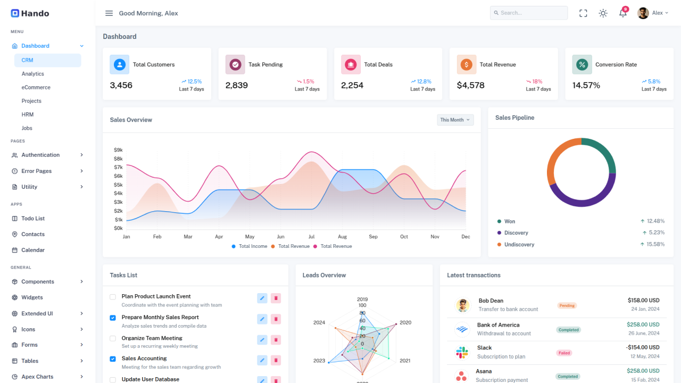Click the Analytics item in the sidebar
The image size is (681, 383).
tap(32, 74)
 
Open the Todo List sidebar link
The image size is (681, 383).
tap(33, 219)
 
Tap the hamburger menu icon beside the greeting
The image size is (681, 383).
tap(109, 13)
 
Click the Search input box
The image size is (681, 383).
tap(529, 13)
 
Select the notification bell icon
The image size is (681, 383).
tap(622, 13)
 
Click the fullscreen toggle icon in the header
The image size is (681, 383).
tap(583, 13)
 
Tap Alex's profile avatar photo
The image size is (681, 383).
tap(643, 13)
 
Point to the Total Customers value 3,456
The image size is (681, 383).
tap(121, 85)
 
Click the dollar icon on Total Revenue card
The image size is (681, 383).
tap(467, 64)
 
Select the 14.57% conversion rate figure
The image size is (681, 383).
tap(586, 85)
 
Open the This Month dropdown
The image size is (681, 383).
tap(455, 120)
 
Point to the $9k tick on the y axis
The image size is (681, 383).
tap(118, 150)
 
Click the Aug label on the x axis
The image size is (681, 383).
tap(342, 237)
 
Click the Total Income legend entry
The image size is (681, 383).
tap(250, 246)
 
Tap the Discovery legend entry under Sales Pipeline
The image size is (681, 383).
tap(516, 233)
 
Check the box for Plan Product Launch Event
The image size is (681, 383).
tap(113, 297)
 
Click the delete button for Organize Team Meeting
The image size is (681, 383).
tap(276, 340)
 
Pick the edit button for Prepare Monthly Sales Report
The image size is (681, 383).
tap(262, 319)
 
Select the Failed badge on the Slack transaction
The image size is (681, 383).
tap(564, 353)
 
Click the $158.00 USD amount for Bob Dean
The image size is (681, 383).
tap(643, 301)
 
